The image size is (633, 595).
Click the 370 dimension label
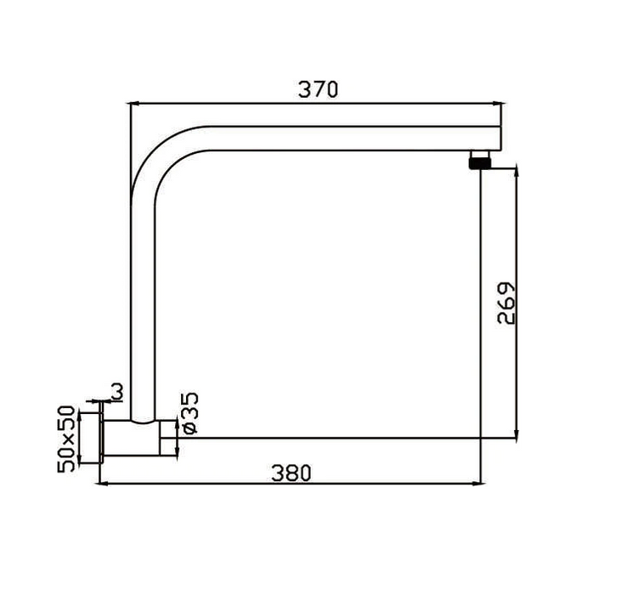pyautogui.click(x=318, y=89)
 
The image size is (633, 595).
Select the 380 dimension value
pyautogui.click(x=291, y=473)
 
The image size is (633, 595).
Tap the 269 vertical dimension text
pyautogui.click(x=506, y=303)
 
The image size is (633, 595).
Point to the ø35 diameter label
pyautogui.click(x=190, y=413)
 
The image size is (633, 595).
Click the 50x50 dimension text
pyautogui.click(x=66, y=439)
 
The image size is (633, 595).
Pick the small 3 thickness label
pyautogui.click(x=116, y=392)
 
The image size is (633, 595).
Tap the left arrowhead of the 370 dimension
pyautogui.click(x=133, y=104)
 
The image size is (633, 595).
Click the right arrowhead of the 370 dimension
pyautogui.click(x=499, y=104)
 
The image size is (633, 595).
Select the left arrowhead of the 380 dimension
pyautogui.click(x=105, y=483)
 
